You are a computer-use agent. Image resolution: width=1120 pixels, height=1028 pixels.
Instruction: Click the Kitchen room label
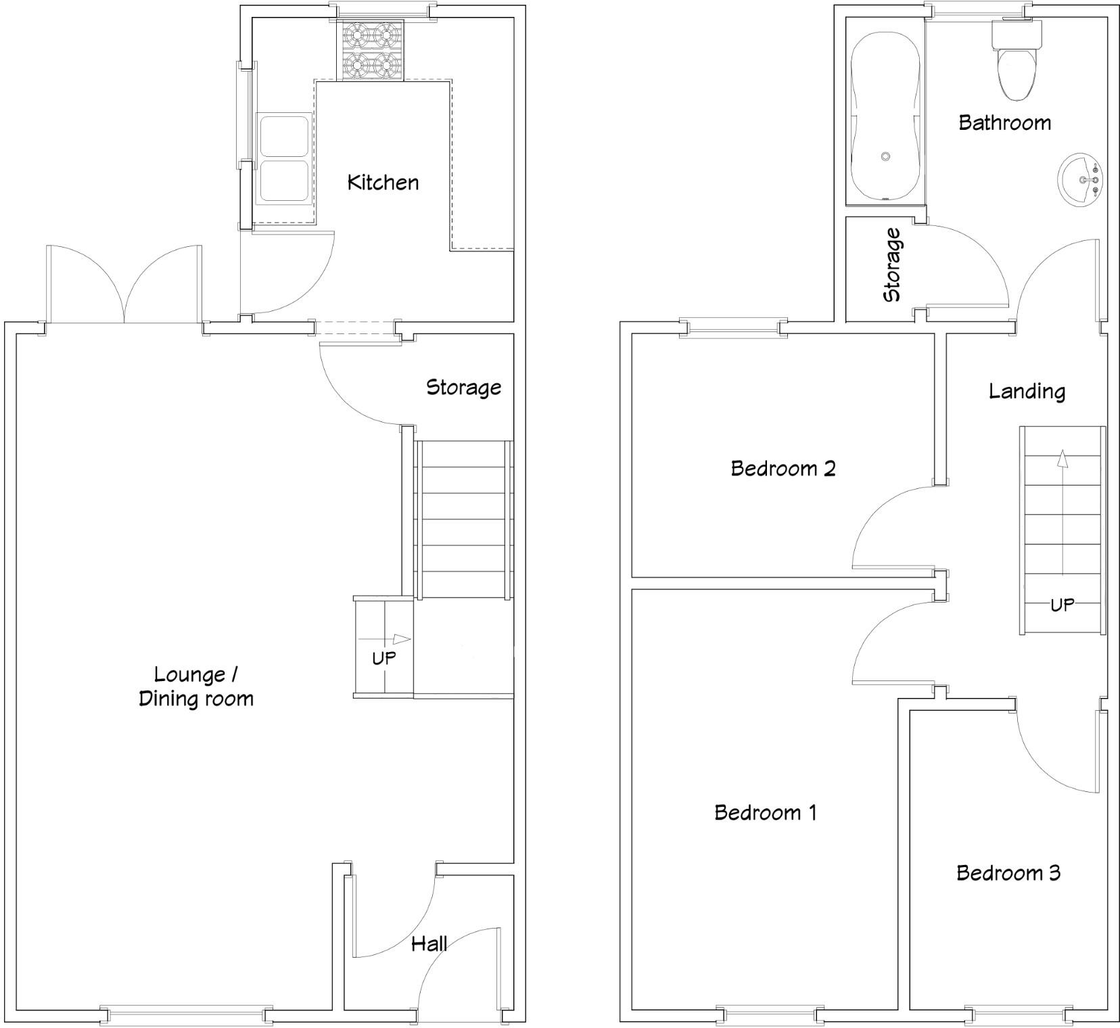click(x=383, y=182)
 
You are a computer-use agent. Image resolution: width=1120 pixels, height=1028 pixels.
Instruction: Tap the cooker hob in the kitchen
click(x=370, y=50)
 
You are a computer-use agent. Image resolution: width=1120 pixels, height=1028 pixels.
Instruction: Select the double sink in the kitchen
click(x=283, y=159)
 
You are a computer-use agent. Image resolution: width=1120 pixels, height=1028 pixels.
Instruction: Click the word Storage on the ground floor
click(x=463, y=388)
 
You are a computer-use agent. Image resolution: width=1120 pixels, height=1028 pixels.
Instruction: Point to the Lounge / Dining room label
click(x=195, y=686)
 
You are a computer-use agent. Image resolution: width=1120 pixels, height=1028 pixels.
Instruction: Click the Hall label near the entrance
click(x=429, y=943)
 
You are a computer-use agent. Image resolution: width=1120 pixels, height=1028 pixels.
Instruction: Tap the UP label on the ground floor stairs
click(x=383, y=657)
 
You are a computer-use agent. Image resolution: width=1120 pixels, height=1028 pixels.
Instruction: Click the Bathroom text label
click(x=1004, y=122)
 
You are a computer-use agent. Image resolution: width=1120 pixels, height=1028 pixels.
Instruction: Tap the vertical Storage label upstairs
click(x=892, y=265)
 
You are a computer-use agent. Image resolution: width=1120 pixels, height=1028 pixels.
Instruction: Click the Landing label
click(x=1027, y=391)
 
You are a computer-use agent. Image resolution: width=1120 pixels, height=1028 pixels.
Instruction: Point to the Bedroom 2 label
click(x=783, y=468)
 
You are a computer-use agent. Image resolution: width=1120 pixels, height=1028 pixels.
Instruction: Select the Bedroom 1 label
click(x=765, y=812)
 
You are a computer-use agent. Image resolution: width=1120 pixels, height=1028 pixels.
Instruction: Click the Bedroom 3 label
click(x=1008, y=872)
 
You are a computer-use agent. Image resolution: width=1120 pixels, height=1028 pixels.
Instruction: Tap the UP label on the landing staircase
click(x=1061, y=605)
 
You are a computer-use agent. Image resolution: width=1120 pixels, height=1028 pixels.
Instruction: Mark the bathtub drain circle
click(x=885, y=156)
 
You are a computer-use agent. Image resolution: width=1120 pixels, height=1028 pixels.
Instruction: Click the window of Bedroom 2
click(x=734, y=329)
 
